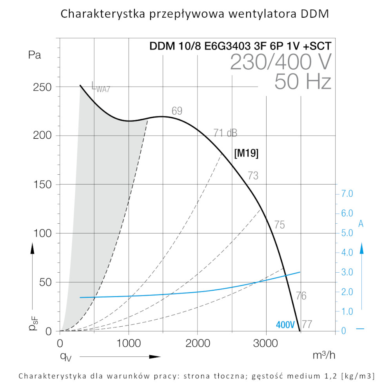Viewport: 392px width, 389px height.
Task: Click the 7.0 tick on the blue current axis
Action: point(348,194)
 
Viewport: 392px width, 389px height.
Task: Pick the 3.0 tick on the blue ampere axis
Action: point(348,272)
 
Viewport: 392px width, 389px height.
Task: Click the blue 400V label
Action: point(285,325)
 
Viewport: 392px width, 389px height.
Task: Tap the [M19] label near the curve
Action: point(246,154)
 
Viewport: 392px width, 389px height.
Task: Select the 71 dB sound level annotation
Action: point(225,133)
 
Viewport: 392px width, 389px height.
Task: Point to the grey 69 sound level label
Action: point(177,111)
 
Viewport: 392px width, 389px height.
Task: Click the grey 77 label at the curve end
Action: point(307,325)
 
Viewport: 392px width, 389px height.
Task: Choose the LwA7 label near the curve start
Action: point(101,87)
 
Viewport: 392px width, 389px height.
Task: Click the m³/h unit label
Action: point(324,356)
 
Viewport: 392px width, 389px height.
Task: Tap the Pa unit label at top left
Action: point(35,55)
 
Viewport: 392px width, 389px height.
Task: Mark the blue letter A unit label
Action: point(361,224)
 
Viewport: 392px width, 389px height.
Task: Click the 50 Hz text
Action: point(303,81)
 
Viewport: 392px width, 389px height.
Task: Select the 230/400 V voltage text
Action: point(281,62)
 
